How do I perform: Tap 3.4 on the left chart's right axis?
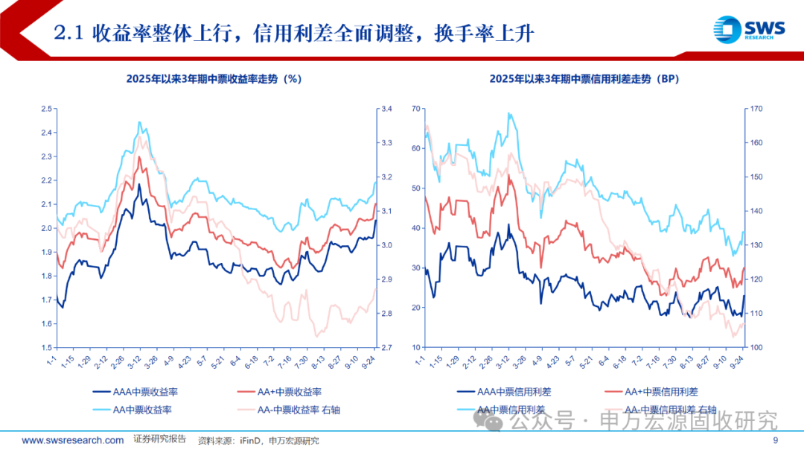pos(387,110)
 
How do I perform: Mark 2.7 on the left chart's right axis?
pos(387,348)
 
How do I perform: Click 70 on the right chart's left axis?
pos(417,110)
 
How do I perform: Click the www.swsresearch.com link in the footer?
pos(73,440)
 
